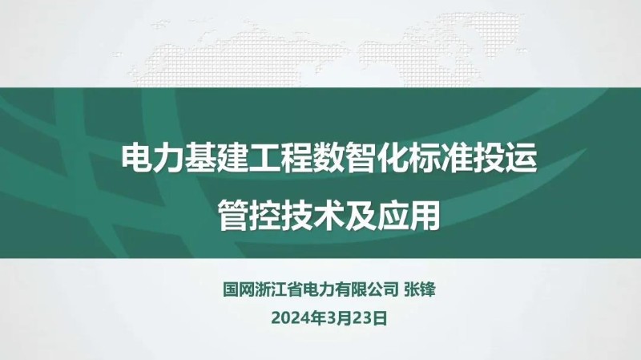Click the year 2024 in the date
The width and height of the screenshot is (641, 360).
(x=289, y=318)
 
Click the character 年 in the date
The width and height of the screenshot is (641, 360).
(x=314, y=318)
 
